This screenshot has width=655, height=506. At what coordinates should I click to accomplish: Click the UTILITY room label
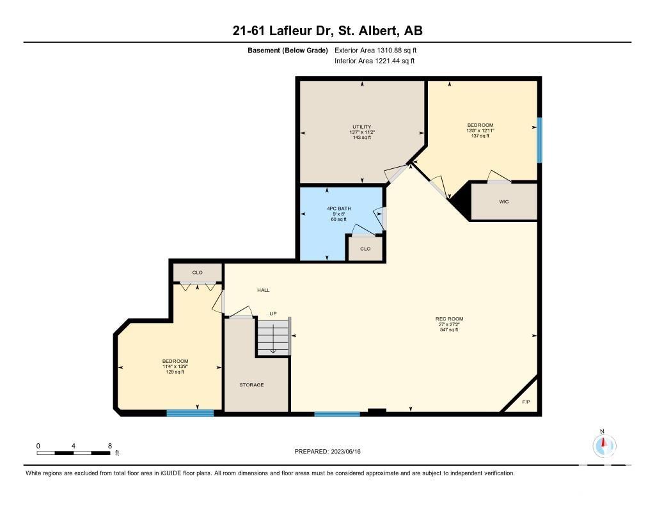pyautogui.click(x=362, y=127)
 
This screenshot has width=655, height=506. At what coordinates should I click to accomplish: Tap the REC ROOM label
pyautogui.click(x=449, y=319)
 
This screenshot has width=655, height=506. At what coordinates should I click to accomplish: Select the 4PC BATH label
pyautogui.click(x=339, y=208)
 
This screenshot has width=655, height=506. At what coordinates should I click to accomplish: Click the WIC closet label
pyautogui.click(x=504, y=202)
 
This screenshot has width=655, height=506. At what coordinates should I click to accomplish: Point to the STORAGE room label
pyautogui.click(x=251, y=384)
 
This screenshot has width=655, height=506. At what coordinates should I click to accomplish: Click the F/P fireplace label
pyautogui.click(x=526, y=402)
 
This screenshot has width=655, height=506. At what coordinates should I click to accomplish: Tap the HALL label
pyautogui.click(x=263, y=290)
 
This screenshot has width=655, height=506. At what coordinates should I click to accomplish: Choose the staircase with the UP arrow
pyautogui.click(x=273, y=336)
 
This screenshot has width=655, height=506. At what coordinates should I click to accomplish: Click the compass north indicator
pyautogui.click(x=604, y=445)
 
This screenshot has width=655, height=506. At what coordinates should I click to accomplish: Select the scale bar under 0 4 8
pyautogui.click(x=74, y=452)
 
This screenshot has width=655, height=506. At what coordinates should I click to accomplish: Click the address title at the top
pyautogui.click(x=327, y=31)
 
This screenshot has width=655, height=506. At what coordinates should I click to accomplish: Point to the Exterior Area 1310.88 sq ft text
pyautogui.click(x=375, y=50)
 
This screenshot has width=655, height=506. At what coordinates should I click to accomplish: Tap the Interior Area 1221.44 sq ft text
pyautogui.click(x=375, y=61)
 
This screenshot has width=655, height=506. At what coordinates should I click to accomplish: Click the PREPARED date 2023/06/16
pyautogui.click(x=327, y=451)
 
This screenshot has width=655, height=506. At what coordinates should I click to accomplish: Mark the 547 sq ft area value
pyautogui.click(x=449, y=329)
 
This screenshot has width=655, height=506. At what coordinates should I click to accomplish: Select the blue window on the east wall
pyautogui.click(x=539, y=140)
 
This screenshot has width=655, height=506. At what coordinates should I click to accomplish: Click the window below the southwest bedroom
pyautogui.click(x=190, y=413)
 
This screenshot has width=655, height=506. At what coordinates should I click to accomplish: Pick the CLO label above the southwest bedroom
pyautogui.click(x=197, y=273)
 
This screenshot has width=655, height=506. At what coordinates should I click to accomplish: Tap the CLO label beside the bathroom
pyautogui.click(x=365, y=249)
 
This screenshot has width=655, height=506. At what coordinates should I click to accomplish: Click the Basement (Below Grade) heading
pyautogui.click(x=288, y=50)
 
